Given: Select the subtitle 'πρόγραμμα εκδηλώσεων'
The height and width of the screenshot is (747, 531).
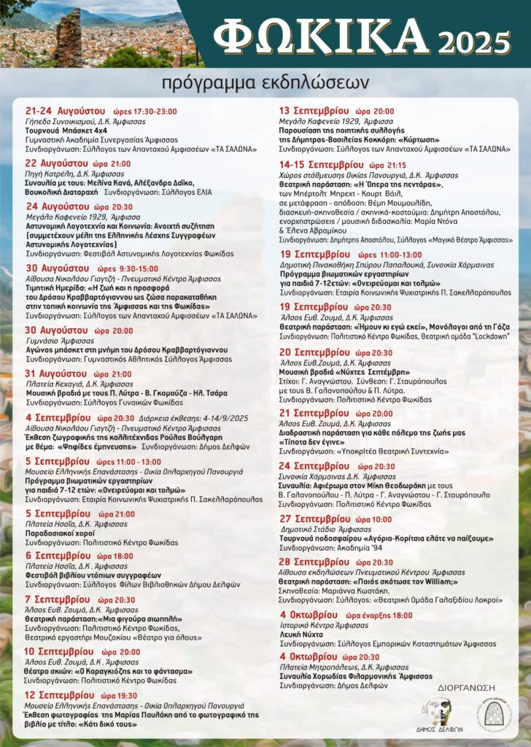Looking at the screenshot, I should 265,80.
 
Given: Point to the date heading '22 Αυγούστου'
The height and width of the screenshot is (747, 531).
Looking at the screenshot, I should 58,163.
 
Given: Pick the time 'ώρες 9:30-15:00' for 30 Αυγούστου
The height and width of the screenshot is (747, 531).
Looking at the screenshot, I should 128,269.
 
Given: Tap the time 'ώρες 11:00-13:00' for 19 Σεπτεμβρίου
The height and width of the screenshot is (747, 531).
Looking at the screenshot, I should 389,255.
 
